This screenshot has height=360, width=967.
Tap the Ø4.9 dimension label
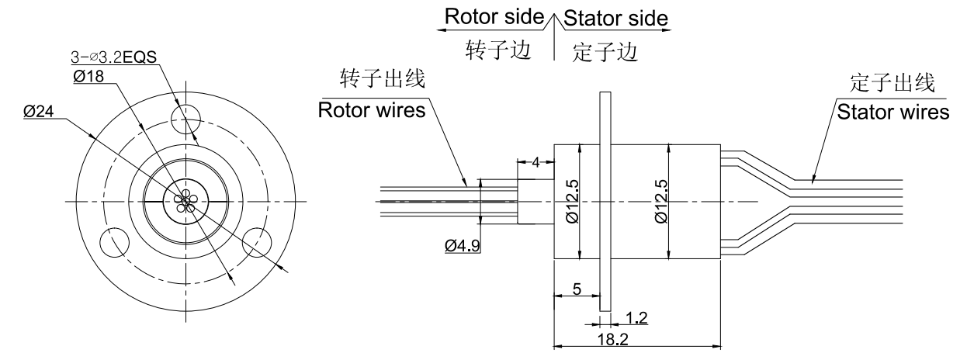[463, 246]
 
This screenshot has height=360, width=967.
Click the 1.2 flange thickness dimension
[636, 317]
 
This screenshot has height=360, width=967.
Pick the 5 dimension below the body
[576, 289]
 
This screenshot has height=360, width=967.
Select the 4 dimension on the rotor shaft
[535, 161]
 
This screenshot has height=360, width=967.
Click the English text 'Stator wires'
[892, 112]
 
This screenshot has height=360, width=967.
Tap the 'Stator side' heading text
[615, 17]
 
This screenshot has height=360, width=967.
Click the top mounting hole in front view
[186, 116]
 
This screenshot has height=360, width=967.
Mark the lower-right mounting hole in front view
[258, 242]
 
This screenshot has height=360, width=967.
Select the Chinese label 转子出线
[373, 79]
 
